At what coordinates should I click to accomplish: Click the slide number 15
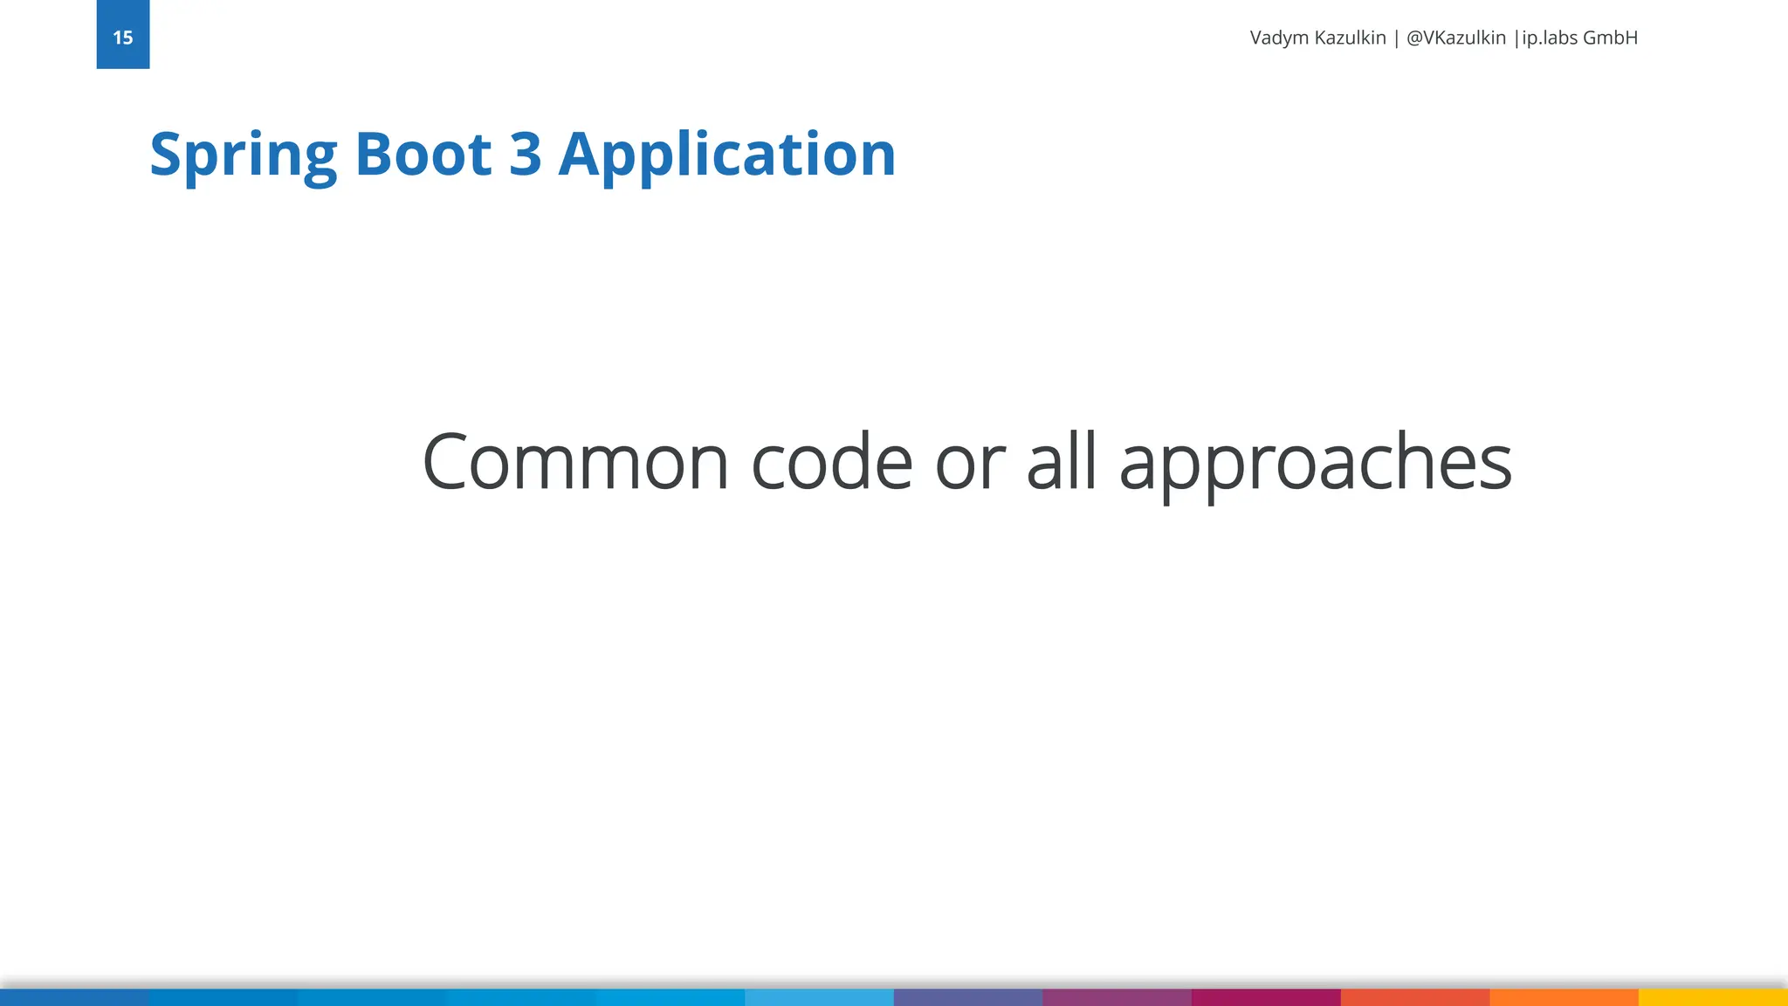pos(123,38)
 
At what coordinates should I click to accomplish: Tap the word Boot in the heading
pos(423,154)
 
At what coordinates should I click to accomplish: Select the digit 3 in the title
pos(525,154)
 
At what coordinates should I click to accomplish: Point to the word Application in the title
pos(727,155)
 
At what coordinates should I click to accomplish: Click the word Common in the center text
pos(575,462)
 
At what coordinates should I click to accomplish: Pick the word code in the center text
pos(832,462)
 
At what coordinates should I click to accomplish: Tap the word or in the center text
pos(970,462)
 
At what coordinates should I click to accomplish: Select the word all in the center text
pos(1062,462)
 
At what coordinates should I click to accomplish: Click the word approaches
pos(1315,464)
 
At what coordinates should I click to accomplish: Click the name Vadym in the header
pos(1280,38)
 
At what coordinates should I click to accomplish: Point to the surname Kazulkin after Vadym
pos(1351,38)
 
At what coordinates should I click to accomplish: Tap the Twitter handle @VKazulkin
pos(1456,38)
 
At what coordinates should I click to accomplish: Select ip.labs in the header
pos(1550,38)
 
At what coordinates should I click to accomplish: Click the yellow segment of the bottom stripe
pos(1713,997)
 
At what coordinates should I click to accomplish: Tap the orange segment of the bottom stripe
pos(1564,997)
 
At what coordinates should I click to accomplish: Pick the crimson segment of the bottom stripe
pos(1266,997)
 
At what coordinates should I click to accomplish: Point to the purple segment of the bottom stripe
pos(1117,997)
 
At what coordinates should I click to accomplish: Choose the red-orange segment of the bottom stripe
pos(1415,997)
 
